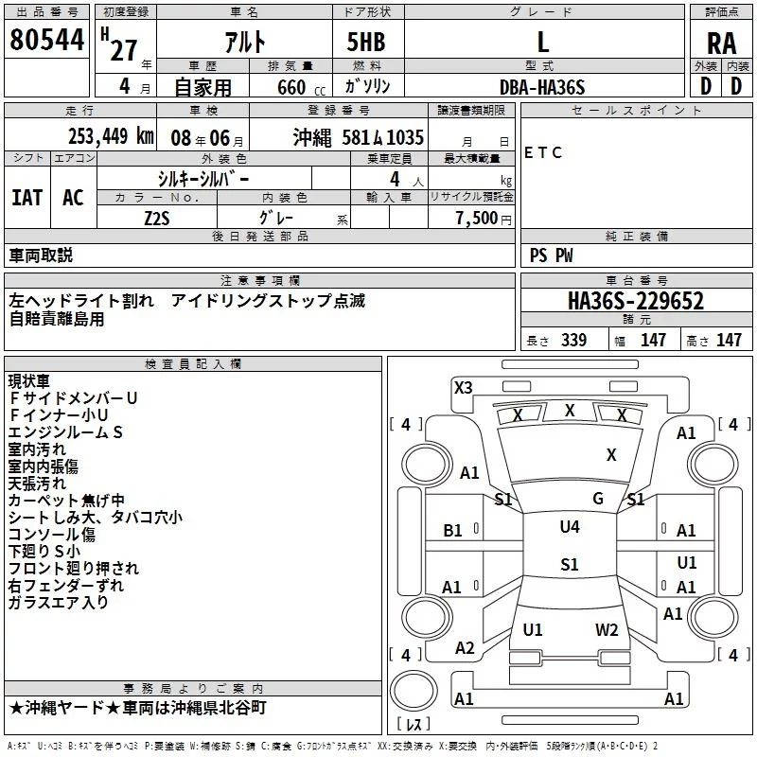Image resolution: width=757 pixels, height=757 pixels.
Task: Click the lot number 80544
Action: click(47, 41)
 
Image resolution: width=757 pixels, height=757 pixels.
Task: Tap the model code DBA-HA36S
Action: click(542, 87)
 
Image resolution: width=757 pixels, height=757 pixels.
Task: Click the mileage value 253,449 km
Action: click(110, 136)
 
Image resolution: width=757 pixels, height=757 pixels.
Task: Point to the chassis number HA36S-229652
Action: click(636, 301)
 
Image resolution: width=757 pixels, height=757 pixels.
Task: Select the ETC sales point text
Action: click(543, 152)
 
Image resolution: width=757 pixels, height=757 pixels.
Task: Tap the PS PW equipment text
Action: click(552, 255)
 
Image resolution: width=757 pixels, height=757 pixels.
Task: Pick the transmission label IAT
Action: click(26, 198)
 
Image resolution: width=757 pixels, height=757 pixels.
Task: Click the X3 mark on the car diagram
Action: click(463, 387)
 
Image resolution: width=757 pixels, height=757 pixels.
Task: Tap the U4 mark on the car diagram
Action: click(570, 527)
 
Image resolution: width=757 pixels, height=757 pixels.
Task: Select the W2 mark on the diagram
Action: click(607, 629)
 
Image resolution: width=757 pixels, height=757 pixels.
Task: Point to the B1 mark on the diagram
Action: click(452, 531)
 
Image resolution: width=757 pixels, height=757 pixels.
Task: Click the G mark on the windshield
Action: click(598, 498)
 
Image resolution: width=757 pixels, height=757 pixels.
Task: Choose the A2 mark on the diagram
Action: click(465, 648)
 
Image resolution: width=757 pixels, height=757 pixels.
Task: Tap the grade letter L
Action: click(542, 43)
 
